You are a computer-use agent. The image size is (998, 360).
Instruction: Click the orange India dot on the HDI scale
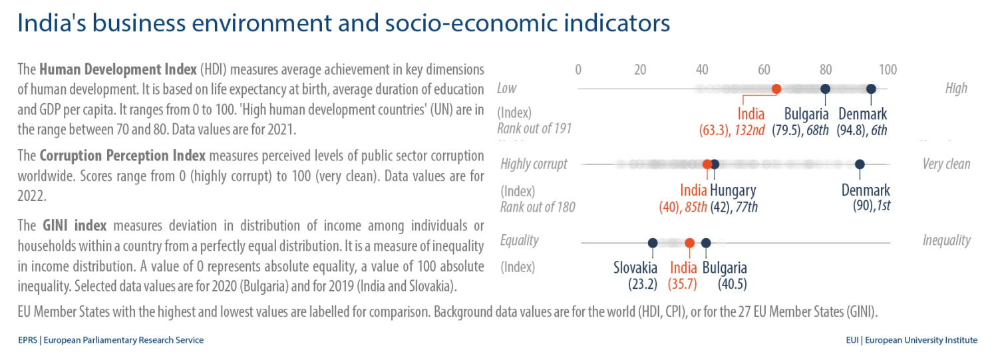coord(776,89)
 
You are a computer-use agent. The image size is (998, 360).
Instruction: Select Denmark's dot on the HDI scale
coord(871,89)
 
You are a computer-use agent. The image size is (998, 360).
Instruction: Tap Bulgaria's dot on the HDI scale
coord(825,89)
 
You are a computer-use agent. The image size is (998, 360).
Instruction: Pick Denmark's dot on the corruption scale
coord(860,164)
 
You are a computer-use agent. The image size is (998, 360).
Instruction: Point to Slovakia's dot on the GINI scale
coord(653,243)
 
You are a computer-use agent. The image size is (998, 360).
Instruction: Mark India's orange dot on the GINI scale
coord(690,243)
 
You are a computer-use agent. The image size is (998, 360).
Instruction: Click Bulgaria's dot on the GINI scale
coord(706,243)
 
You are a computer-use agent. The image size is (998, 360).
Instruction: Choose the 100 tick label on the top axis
coord(888,70)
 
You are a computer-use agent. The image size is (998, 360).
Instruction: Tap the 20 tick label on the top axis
coord(640,70)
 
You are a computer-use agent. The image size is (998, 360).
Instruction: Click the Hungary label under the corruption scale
coord(733,190)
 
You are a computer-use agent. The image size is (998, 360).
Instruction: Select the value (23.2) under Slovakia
coord(643,284)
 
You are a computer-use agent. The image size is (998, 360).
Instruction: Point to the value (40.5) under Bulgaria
coord(733,284)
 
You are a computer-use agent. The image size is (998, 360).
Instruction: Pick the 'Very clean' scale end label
coord(946,164)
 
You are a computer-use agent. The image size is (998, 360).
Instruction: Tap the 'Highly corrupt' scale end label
coord(534,164)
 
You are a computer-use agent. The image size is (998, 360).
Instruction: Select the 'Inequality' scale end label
coord(946,240)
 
